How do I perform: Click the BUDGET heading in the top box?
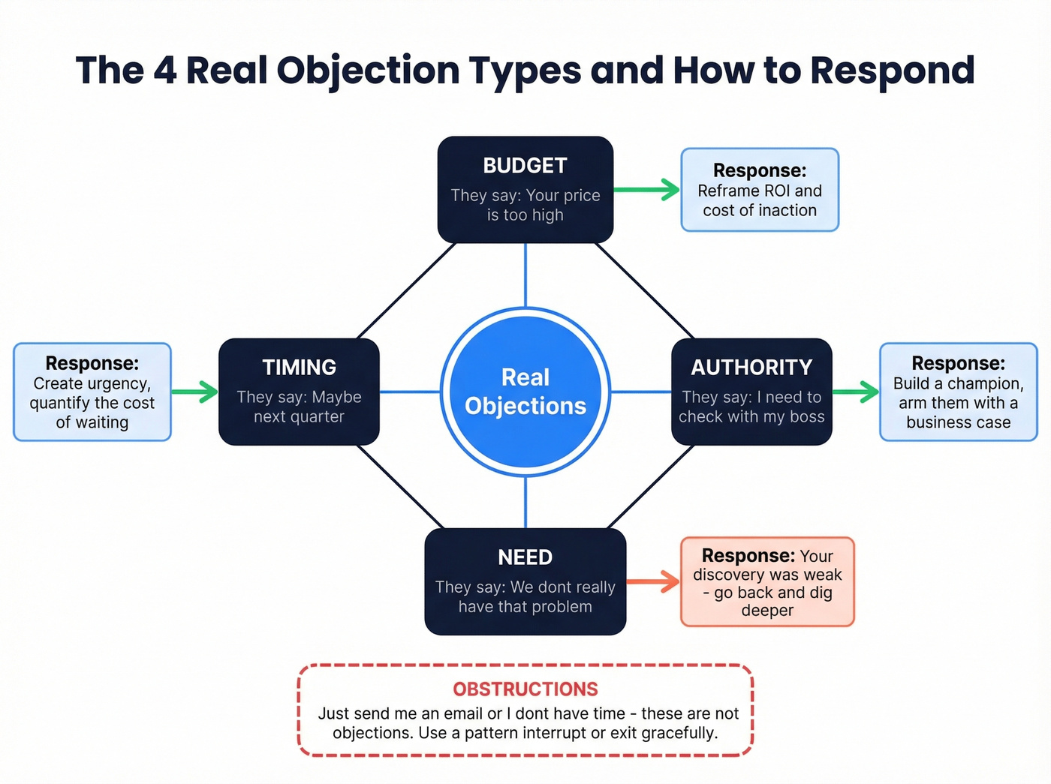pyautogui.click(x=525, y=166)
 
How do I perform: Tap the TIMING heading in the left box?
pyautogui.click(x=299, y=368)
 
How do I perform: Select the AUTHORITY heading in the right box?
pyautogui.click(x=751, y=368)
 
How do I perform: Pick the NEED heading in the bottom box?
pyautogui.click(x=525, y=557)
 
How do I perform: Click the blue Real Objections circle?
pyautogui.click(x=525, y=392)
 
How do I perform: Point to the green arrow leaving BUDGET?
pyautogui.click(x=647, y=190)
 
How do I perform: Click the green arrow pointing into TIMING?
pyautogui.click(x=194, y=392)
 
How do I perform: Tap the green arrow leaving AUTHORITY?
pyautogui.click(x=856, y=392)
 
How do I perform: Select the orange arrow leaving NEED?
pyautogui.click(x=653, y=581)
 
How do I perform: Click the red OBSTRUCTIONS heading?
pyautogui.click(x=525, y=689)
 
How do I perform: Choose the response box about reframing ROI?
pyautogui.click(x=760, y=190)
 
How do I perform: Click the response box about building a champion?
pyautogui.click(x=958, y=392)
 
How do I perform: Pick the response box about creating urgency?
pyautogui.click(x=92, y=392)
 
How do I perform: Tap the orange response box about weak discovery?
pyautogui.click(x=767, y=581)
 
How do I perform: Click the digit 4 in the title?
pyautogui.click(x=164, y=71)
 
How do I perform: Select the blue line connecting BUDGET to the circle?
pyautogui.click(x=525, y=275)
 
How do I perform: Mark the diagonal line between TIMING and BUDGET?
pyautogui.click(x=406, y=290)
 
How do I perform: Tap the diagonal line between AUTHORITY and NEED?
pyautogui.click(x=650, y=487)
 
